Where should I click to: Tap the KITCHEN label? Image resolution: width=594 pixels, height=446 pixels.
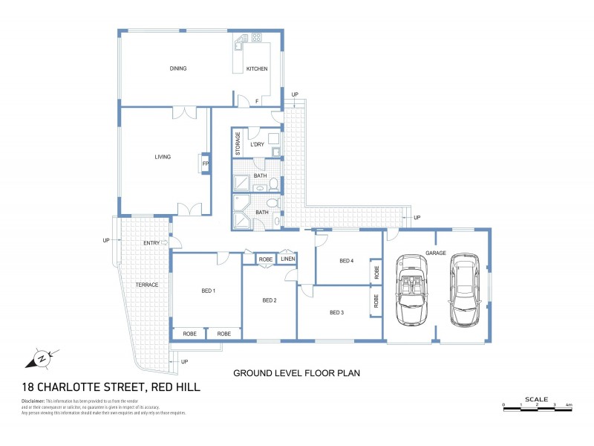[x=257, y=69]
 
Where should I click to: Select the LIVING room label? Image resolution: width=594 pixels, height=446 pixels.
[x=163, y=157]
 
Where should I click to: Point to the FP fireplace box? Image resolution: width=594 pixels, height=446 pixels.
[x=204, y=163]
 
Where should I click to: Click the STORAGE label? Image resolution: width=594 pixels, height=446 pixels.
[x=238, y=143]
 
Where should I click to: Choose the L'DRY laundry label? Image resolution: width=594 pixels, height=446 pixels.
[x=258, y=143]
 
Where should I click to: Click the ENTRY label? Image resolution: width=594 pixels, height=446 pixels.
[x=152, y=243]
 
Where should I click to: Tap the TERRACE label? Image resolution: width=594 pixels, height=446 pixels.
[x=147, y=285]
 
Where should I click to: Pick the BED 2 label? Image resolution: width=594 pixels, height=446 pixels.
[x=270, y=300]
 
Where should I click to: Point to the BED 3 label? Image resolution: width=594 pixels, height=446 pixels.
[x=337, y=312]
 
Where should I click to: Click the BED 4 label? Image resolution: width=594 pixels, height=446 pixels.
[x=346, y=261]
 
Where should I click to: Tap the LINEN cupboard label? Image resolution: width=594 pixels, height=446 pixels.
[x=288, y=259]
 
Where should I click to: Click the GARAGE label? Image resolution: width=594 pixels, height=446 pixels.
[x=436, y=253]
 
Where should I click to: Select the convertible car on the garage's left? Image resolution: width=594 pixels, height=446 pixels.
[x=411, y=290]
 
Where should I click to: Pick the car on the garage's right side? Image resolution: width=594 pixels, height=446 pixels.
[x=464, y=290]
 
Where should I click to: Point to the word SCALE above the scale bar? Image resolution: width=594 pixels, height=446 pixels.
[x=536, y=399]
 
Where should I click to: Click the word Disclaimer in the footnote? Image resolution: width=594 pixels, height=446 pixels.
[x=38, y=401]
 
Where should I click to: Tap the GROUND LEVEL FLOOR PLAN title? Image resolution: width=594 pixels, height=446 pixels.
[x=296, y=373]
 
